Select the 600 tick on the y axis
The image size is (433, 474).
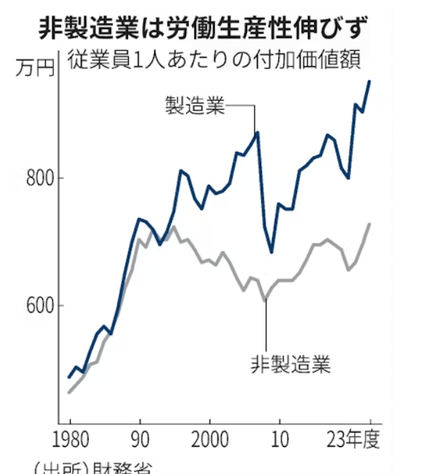37,305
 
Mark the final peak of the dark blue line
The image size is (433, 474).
370,81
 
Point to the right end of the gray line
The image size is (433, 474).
370,224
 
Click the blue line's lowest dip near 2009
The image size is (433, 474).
271,252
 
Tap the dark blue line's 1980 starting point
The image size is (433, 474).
69,377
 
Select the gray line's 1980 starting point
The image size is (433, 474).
69,392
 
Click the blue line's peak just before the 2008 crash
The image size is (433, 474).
258,132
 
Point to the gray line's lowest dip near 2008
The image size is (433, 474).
264,299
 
